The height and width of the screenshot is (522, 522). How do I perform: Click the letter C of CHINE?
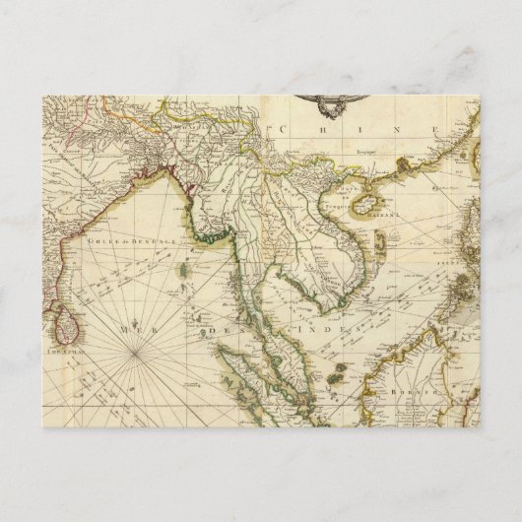(284, 127)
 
